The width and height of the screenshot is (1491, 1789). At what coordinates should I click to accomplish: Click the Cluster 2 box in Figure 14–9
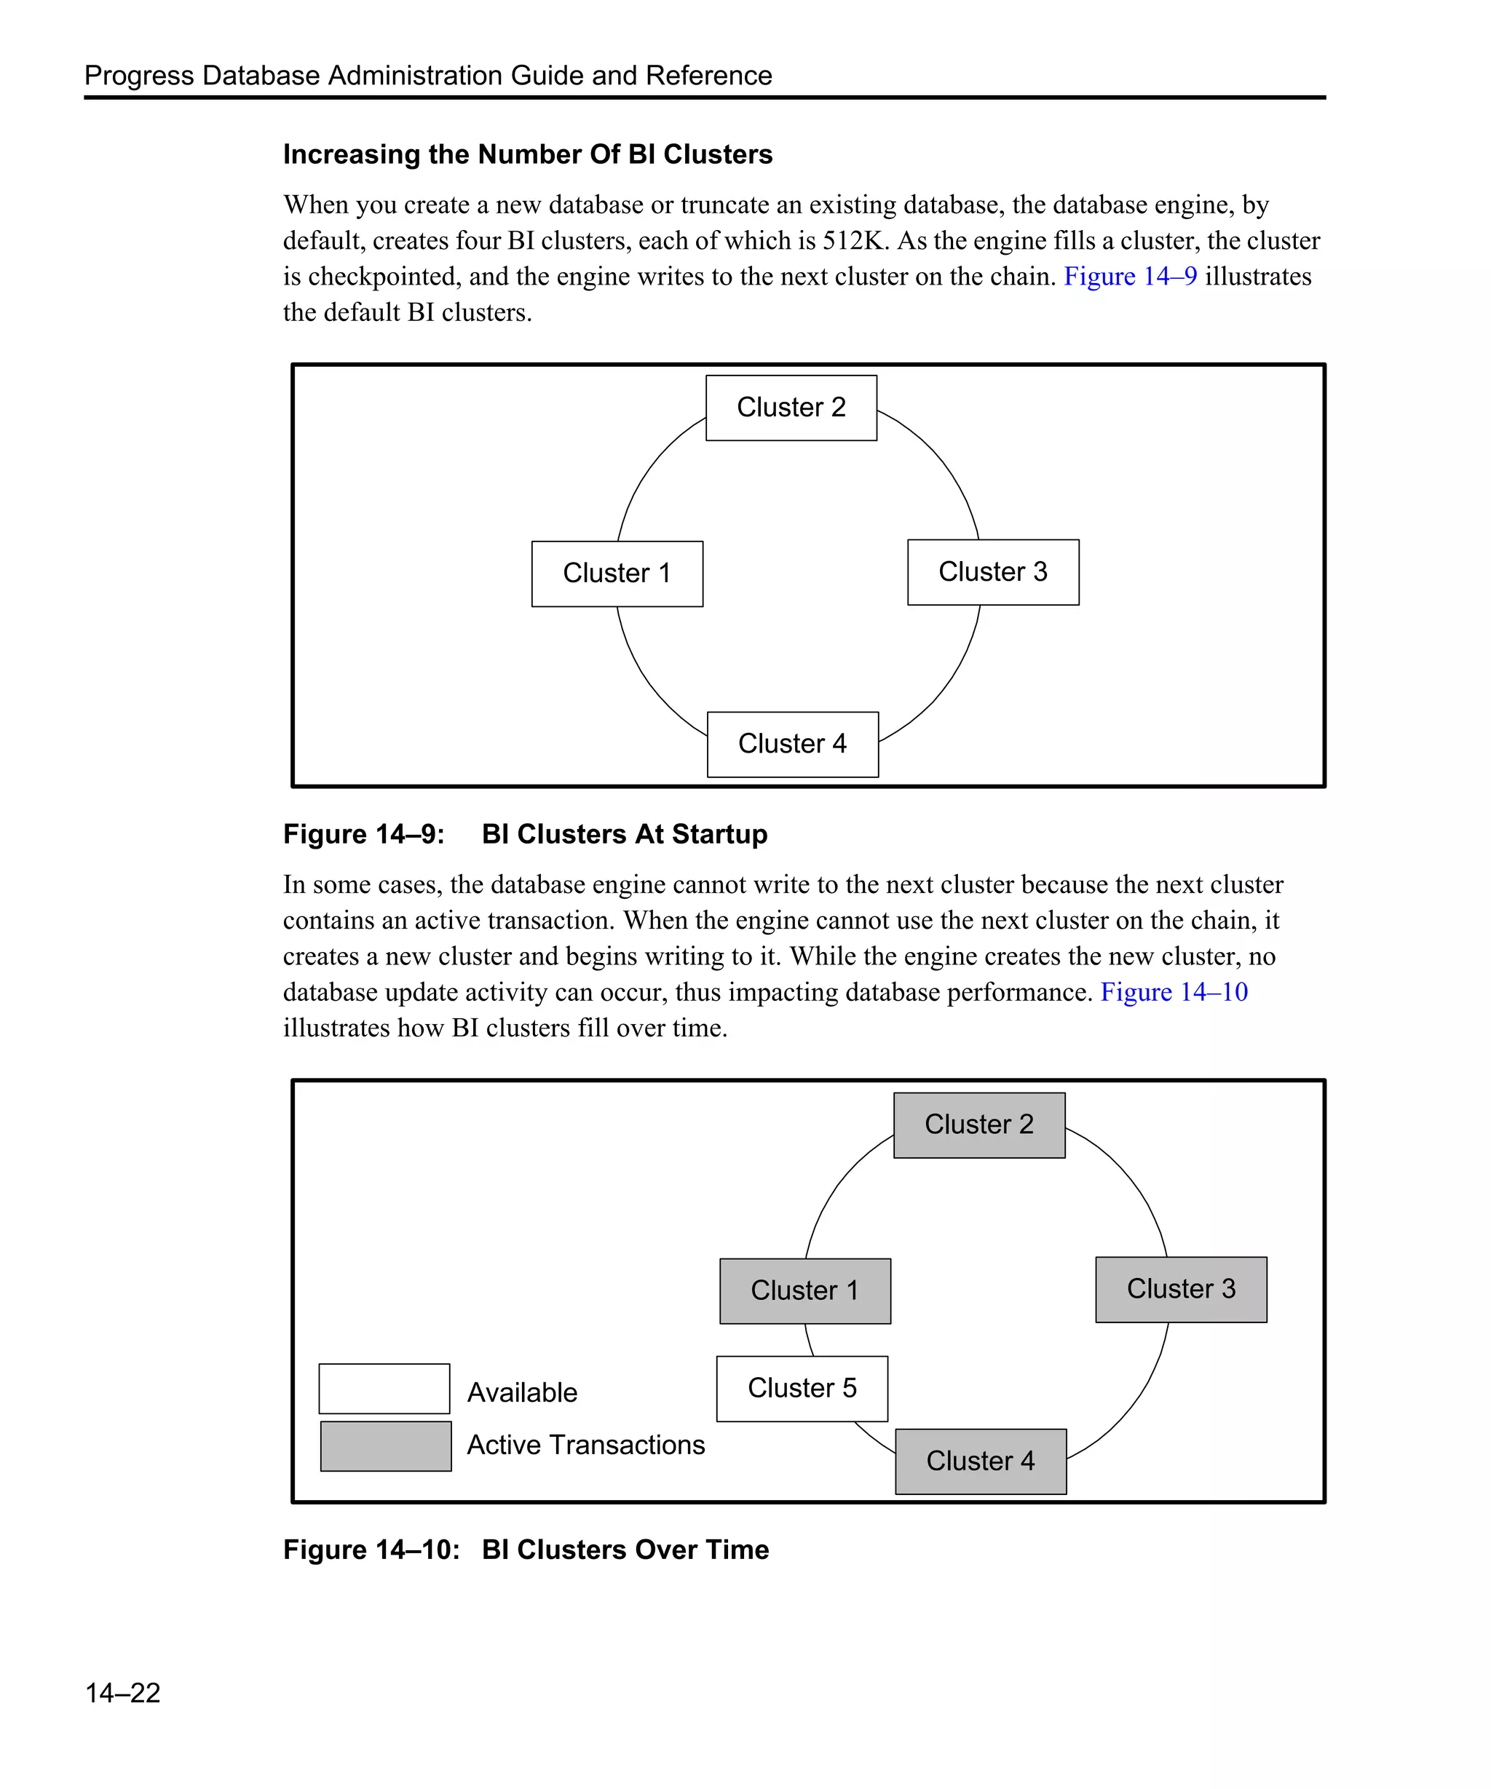pos(791,408)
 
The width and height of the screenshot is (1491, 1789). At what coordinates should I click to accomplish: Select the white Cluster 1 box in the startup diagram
pos(617,574)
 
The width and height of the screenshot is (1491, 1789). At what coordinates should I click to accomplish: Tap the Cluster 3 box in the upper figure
pos(992,571)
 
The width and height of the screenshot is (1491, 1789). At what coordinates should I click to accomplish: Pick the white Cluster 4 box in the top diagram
pos(792,744)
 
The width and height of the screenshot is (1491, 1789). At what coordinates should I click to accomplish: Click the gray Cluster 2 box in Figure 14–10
pos(979,1124)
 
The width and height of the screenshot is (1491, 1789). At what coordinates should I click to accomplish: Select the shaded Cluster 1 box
pos(804,1290)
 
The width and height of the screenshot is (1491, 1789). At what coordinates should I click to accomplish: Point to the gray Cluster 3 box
pos(1181,1289)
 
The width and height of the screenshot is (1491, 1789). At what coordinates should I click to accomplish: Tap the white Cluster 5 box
pos(802,1388)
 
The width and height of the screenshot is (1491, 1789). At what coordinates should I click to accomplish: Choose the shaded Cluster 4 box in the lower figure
pos(981,1461)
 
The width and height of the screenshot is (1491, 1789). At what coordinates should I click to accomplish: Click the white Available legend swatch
pos(384,1388)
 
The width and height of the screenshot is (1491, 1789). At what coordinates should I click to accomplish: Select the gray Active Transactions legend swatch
pos(385,1445)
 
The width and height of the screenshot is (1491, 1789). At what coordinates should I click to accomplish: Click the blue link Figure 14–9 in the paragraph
pos(1130,277)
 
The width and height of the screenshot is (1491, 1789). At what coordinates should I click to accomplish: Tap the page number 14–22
pos(123,1693)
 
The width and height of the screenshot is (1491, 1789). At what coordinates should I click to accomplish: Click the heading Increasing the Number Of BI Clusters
pos(527,154)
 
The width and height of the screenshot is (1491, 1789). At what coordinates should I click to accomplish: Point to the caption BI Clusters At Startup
pos(624,834)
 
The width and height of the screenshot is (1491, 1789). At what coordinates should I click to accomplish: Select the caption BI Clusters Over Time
pos(625,1550)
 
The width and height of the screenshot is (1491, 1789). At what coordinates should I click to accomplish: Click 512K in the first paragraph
pos(855,241)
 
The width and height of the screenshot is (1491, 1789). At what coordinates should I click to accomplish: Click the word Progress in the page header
pos(139,76)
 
